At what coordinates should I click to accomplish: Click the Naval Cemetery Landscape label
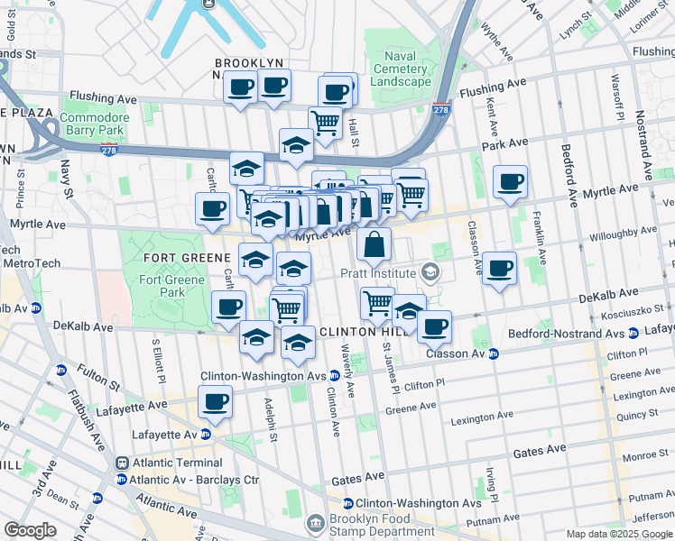coord(400,69)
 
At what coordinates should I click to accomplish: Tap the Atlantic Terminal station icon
coord(121,462)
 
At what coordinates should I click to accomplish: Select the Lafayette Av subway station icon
coord(206,434)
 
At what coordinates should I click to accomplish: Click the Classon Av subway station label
coord(457,353)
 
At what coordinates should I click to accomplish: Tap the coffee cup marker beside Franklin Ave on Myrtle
coord(510,182)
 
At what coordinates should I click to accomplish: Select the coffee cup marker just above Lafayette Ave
coord(215,402)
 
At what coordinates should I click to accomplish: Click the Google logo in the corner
coord(30,529)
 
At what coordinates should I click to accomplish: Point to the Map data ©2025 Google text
coord(618,534)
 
